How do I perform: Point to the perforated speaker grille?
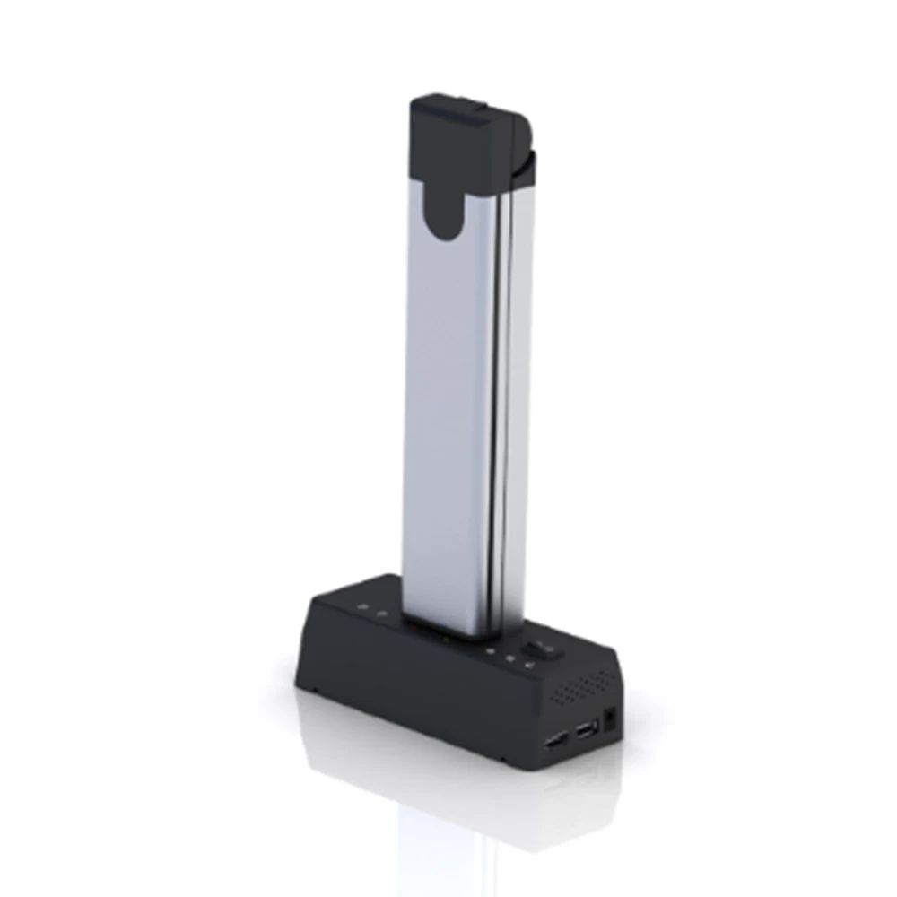pos(582,688)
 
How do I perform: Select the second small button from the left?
pos(383,614)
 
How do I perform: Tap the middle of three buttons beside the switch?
pos(509,659)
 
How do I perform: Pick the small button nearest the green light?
pos(490,651)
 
